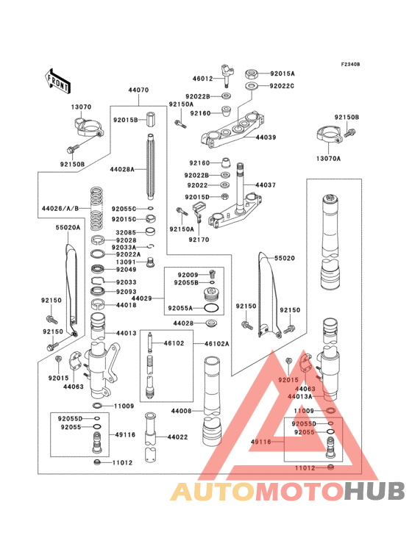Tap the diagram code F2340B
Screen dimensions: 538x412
[x=349, y=65]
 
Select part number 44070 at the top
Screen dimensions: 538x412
[x=138, y=90]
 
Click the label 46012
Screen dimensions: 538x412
[x=202, y=78]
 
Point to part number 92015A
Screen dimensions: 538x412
[x=282, y=73]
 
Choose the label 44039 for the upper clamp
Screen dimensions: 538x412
[x=266, y=137]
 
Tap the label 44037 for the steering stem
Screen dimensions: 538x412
[x=266, y=185]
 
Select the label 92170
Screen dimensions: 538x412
[x=198, y=239]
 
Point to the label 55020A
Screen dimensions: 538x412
[x=67, y=228]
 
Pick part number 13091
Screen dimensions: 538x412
[x=125, y=262]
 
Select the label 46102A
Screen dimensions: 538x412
[x=218, y=343]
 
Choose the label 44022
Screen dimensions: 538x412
[x=178, y=437]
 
